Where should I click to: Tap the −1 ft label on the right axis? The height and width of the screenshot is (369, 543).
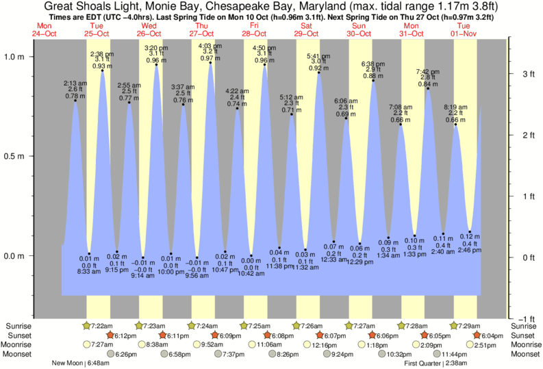pyautogui.click(x=525, y=319)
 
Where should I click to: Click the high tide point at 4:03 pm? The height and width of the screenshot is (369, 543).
pyautogui.click(x=210, y=64)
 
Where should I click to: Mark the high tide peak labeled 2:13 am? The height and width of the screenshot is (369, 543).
pyautogui.click(x=75, y=101)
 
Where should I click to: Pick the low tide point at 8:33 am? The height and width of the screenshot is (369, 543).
pyautogui.click(x=89, y=253)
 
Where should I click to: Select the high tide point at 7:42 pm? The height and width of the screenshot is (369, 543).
pyautogui.click(x=428, y=88)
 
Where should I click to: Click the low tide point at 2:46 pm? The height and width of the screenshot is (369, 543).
pyautogui.click(x=470, y=232)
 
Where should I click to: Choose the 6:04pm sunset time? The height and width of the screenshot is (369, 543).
pyautogui.click(x=494, y=335)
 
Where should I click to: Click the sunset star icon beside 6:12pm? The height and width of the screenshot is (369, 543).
pyautogui.click(x=110, y=335)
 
